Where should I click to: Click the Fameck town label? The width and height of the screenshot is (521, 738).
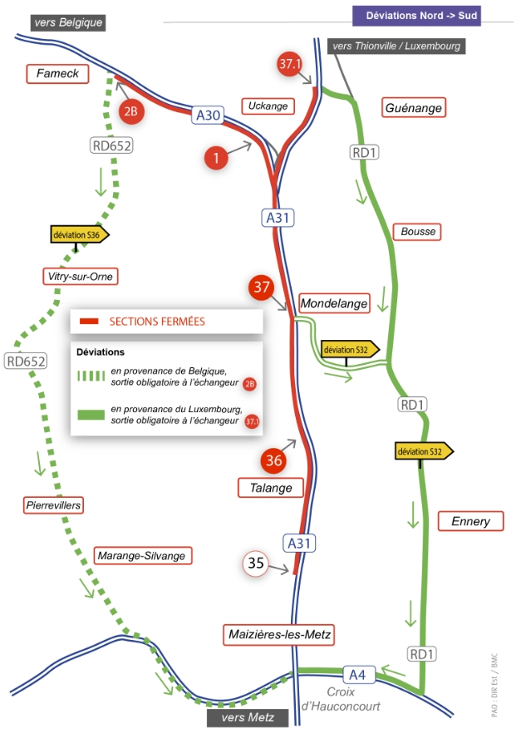(57, 74)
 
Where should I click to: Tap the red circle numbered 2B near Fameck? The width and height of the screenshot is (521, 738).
(130, 111)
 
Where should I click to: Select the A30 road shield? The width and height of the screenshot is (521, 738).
(208, 116)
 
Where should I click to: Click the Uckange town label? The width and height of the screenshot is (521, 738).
(268, 106)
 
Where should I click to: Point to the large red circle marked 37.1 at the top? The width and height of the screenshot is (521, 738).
(289, 63)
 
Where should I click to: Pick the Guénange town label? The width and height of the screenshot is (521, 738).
(413, 108)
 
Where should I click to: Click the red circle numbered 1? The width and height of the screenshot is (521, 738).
(216, 158)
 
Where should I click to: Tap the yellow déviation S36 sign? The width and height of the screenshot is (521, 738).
(79, 234)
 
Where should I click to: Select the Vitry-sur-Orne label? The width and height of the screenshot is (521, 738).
(80, 276)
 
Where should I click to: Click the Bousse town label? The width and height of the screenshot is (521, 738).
(418, 232)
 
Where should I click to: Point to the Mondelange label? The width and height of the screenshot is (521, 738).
(334, 303)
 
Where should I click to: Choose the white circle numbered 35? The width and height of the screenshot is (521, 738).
(255, 563)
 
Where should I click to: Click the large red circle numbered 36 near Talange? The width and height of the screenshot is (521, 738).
(273, 460)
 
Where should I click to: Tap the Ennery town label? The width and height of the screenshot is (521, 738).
(470, 521)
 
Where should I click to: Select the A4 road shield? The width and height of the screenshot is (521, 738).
(357, 675)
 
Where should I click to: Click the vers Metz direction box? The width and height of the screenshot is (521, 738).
(248, 718)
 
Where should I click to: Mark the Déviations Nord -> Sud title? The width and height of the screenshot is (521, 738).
(416, 16)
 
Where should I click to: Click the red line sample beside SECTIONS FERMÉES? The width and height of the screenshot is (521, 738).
(89, 322)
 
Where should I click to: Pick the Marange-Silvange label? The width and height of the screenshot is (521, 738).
(141, 556)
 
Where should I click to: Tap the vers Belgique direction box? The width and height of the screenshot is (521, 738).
(68, 22)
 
